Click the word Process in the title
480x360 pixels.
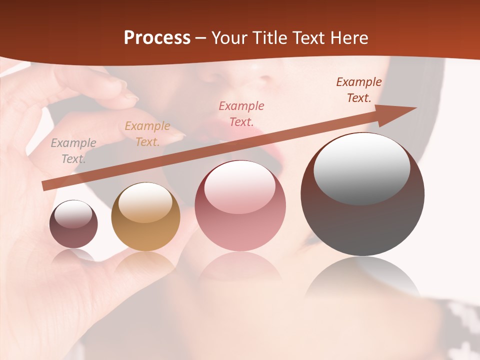(157, 38)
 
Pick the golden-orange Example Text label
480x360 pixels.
(147, 134)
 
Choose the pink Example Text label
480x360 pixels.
(241, 113)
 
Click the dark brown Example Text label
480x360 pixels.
(359, 90)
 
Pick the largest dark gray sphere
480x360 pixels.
(362, 225)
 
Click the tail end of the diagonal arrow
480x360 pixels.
(45, 185)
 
